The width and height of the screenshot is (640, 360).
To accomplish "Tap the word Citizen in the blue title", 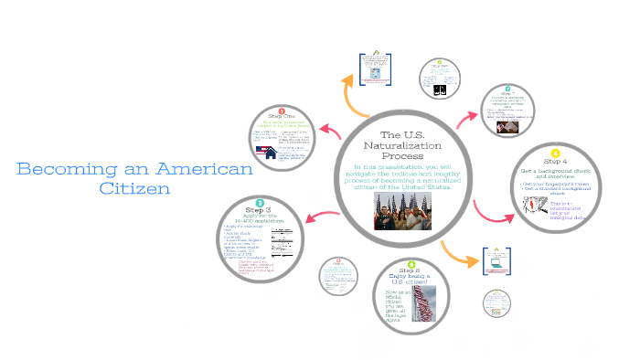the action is [135, 188].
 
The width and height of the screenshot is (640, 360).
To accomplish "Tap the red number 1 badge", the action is [283, 111].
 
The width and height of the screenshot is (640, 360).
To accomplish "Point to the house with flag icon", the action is [270, 154].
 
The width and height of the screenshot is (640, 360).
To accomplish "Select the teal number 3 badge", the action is [261, 202].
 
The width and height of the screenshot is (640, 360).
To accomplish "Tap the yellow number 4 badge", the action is [554, 153].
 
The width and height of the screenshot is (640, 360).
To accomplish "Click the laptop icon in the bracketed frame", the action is [496, 263].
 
